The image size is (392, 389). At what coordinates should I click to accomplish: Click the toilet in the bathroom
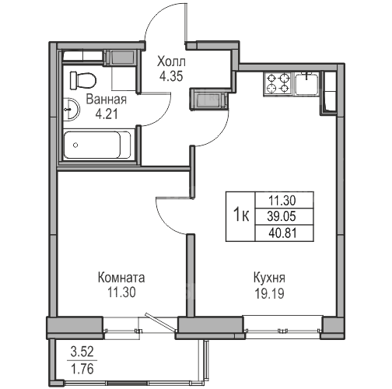(83, 80)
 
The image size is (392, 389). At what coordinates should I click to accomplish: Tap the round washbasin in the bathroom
(72, 109)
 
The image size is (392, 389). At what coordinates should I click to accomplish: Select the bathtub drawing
(97, 145)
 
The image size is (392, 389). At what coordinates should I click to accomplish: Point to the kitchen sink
(307, 83)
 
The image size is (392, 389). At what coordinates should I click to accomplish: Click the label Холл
(171, 62)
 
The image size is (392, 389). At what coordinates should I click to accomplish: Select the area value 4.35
(171, 76)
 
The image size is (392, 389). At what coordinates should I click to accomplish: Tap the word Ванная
(107, 100)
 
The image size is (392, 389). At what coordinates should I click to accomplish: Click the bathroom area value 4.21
(107, 114)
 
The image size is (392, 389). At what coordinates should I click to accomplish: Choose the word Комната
(121, 278)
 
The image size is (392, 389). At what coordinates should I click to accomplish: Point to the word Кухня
(269, 278)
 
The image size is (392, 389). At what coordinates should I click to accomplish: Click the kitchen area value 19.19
(270, 293)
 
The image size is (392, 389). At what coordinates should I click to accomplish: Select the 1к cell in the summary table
(241, 216)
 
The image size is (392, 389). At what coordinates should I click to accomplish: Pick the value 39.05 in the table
(282, 216)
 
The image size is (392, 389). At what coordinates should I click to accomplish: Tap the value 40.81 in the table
(282, 233)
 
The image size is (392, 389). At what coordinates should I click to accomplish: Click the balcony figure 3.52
(82, 352)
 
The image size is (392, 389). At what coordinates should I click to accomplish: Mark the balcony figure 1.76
(82, 369)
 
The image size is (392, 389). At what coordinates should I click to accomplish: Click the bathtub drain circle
(75, 145)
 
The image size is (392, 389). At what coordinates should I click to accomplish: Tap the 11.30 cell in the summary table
(282, 200)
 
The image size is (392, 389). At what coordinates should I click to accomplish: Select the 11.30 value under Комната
(121, 293)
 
